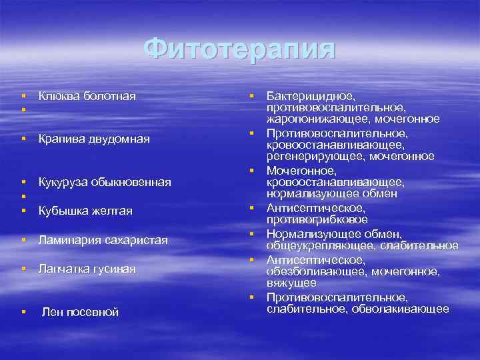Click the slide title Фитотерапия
(x=240, y=49)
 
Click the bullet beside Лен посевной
(x=23, y=311)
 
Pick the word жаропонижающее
(x=319, y=119)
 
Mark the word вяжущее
(x=292, y=283)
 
